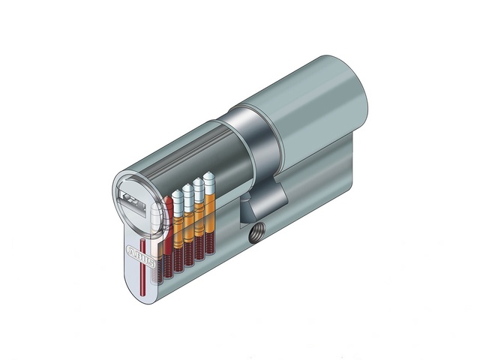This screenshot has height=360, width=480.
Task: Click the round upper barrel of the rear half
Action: tap(315, 97)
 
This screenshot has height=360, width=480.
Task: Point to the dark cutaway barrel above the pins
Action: tap(187, 150)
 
